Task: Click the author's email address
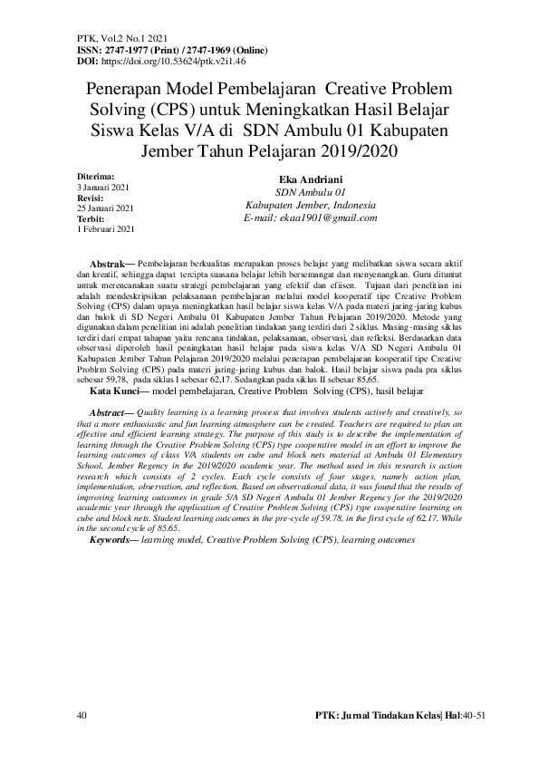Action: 298,218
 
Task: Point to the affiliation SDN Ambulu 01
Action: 298,193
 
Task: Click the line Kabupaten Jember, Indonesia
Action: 298,206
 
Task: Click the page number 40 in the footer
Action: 82,716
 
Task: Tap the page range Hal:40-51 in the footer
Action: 472,716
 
